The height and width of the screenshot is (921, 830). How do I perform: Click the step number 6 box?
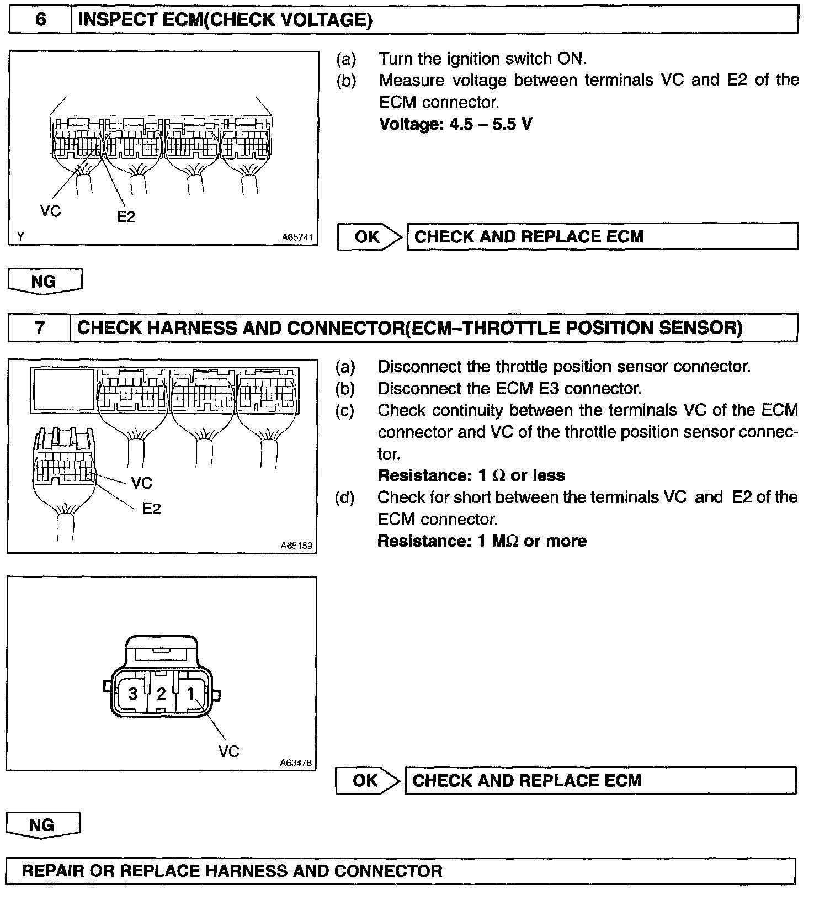tap(41, 20)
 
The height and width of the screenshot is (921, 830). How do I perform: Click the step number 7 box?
tap(40, 328)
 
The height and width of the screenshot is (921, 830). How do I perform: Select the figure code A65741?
tap(297, 237)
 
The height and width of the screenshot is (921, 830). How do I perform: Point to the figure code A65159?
tap(296, 546)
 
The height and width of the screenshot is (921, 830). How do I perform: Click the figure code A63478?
tap(296, 763)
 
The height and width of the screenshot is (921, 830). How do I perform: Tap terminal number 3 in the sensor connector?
tap(133, 694)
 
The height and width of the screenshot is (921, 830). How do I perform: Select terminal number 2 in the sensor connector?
tap(161, 694)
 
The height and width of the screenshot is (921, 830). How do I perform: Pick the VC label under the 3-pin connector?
tap(228, 751)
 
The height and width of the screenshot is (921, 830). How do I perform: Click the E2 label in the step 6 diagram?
tap(126, 216)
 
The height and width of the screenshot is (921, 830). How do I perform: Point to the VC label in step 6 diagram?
tap(51, 211)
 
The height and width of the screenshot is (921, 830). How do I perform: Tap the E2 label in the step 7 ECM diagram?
tap(151, 509)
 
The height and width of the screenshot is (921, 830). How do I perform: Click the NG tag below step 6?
tap(44, 282)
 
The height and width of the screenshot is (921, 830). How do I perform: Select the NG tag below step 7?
tap(42, 825)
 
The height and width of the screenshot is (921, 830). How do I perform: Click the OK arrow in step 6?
tap(368, 237)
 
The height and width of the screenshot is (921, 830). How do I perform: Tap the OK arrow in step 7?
tap(366, 781)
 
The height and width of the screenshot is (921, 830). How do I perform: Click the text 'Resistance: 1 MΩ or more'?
tap(482, 541)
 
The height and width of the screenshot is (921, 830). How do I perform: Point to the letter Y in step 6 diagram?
tap(20, 236)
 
